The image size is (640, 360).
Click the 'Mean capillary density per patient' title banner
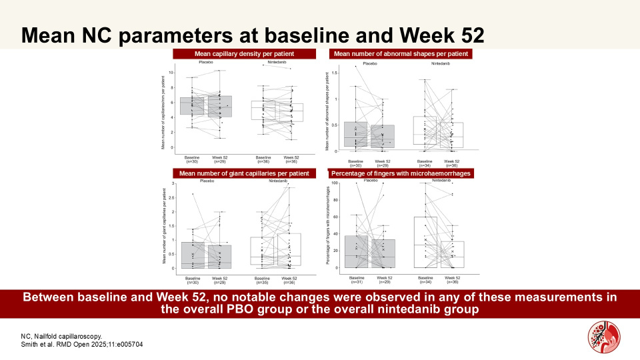[244, 54]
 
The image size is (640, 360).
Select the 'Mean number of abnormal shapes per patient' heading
[401, 54]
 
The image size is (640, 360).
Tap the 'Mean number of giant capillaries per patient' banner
[244, 174]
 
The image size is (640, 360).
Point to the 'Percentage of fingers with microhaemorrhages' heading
[401, 174]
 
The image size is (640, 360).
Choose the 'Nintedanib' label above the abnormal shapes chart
[440, 63]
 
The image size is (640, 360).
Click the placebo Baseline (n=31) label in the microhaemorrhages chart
[356, 279]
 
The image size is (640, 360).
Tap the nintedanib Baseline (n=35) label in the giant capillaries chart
[261, 279]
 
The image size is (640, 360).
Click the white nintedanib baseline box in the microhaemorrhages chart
[426, 242]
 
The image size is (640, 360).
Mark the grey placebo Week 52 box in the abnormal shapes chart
[382, 137]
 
